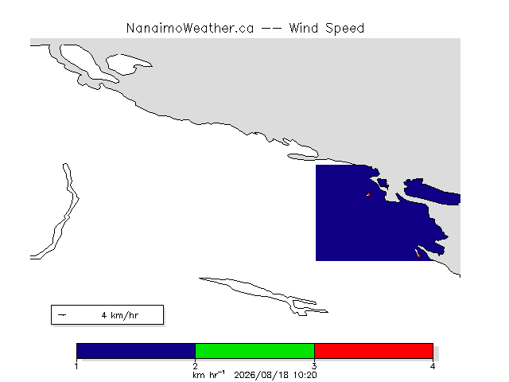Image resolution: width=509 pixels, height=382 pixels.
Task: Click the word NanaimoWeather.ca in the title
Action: coord(190,29)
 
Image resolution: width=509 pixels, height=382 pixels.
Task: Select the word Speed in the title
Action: coord(344,29)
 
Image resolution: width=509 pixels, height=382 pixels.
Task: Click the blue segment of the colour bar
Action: coord(136,351)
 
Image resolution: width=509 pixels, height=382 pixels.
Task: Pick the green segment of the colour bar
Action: coord(254,351)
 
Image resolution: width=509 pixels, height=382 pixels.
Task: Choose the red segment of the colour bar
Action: coord(374,351)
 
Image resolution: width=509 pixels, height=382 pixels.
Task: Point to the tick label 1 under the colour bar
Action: coord(76,366)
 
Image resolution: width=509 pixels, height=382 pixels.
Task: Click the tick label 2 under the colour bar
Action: coord(195,366)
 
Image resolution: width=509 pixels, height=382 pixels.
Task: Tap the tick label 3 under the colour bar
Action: coord(314,366)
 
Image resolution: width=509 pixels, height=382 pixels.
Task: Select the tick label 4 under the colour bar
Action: coord(433,366)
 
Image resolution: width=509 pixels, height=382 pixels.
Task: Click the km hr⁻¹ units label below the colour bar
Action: coord(208,375)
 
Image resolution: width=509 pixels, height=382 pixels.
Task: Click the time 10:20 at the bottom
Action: coord(305,375)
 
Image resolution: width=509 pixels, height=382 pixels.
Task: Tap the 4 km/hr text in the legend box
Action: coord(120,315)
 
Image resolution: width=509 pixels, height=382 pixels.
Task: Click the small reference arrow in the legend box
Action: coord(62,315)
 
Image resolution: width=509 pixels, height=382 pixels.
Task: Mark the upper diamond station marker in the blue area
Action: coord(368,194)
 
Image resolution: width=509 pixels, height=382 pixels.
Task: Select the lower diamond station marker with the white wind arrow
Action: coord(419,255)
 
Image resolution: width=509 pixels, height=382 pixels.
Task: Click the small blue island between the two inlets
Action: coord(383,184)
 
